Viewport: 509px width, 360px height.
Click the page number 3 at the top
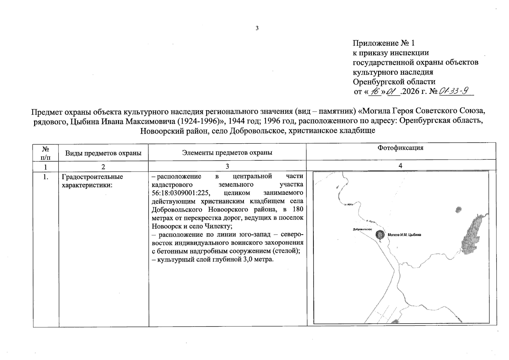257,28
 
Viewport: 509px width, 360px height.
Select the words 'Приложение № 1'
383,43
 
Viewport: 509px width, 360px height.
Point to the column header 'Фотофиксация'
400,148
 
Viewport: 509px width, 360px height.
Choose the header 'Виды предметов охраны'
103,153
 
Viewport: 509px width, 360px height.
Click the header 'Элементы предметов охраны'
227,152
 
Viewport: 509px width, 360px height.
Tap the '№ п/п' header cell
46,153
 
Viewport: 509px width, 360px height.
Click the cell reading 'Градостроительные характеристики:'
92,181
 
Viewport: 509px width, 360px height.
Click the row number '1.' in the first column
46,177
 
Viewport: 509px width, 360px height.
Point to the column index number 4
400,166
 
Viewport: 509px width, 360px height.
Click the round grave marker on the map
380,235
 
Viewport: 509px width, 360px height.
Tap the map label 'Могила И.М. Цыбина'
404,235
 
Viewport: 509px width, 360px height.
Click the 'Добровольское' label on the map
362,229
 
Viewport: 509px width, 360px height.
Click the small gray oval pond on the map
458,209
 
